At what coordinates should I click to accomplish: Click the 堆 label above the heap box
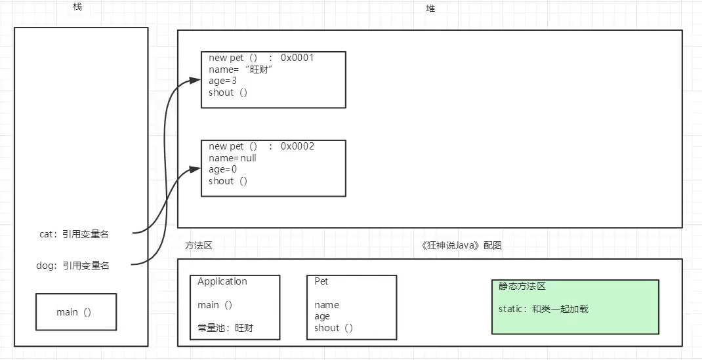430,9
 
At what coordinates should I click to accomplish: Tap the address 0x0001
297,58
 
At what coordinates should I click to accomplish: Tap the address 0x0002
297,146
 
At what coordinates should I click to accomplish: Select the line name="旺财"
240,70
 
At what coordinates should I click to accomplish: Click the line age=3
222,81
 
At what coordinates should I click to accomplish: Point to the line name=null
232,158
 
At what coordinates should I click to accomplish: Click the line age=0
222,169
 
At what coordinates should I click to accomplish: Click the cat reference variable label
74,233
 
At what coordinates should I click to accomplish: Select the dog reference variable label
73,266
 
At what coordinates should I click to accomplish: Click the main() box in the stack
75,311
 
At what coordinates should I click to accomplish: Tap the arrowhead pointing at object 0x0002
195,169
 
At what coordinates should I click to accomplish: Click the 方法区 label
199,245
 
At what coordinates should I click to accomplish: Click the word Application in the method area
222,281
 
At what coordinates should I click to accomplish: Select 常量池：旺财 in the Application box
225,327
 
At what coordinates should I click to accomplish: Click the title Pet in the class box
321,281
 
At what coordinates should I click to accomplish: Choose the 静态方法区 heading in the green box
522,287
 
